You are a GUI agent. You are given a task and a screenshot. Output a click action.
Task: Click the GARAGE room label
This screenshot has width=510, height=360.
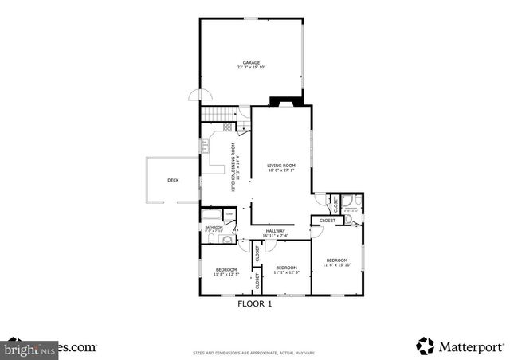(252, 62)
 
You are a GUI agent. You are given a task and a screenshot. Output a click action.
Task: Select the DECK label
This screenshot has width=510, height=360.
(173, 181)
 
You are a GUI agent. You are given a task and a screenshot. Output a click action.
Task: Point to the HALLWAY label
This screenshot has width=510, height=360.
(275, 231)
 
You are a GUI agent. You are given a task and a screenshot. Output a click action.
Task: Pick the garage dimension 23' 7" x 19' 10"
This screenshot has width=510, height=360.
(252, 67)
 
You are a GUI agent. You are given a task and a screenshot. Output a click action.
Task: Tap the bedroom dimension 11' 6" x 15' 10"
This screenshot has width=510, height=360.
(337, 264)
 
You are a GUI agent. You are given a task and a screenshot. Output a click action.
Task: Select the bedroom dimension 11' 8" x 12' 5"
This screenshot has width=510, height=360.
(226, 274)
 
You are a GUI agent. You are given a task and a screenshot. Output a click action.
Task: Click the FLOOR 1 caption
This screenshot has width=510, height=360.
(255, 303)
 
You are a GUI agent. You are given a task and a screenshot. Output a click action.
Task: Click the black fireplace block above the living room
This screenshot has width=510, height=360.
(284, 101)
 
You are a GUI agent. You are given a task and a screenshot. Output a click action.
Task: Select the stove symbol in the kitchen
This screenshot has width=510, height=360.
(227, 127)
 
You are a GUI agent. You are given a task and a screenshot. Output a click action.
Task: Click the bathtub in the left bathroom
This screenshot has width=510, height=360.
(211, 214)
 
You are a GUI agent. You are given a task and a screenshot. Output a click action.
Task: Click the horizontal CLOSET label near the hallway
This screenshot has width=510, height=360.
(328, 221)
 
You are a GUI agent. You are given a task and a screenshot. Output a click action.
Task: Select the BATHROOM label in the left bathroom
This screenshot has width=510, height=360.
(214, 227)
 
